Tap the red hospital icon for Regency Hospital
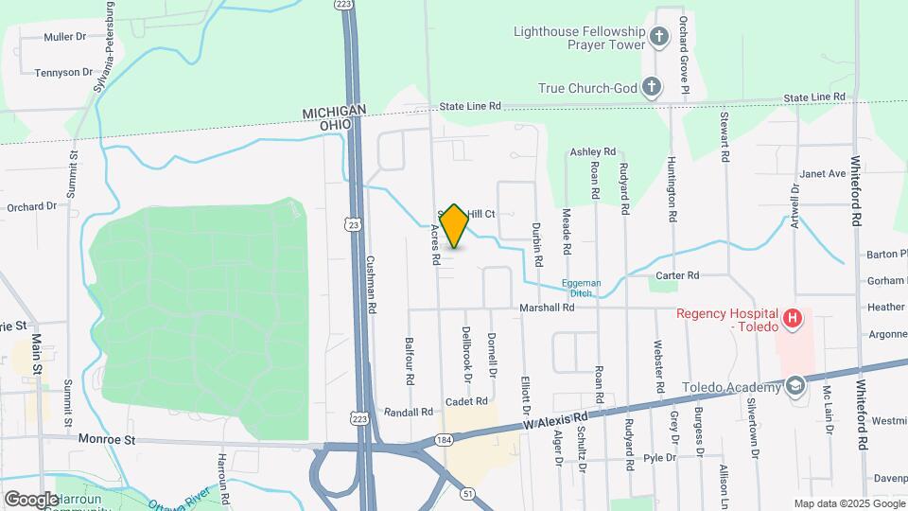pos(793,320)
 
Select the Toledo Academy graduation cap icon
pos(796,387)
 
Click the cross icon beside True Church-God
pos(651,88)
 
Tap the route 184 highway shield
pos(444,440)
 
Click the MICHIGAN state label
pos(334,113)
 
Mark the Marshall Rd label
pos(547,308)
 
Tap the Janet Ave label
pos(822,174)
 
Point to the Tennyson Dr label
pos(63,72)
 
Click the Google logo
pos(31,499)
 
